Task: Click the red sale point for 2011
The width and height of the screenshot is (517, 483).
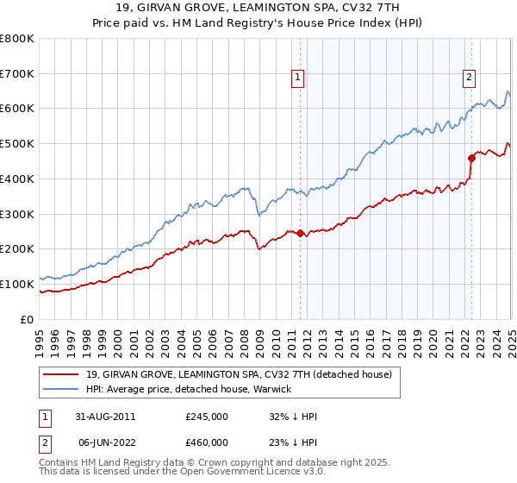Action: click(x=300, y=233)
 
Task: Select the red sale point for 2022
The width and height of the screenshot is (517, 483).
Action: click(x=472, y=158)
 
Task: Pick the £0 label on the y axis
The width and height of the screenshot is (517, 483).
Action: click(x=28, y=319)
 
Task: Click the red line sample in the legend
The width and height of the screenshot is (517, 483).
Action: click(x=61, y=374)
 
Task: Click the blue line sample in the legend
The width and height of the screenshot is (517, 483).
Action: click(x=61, y=389)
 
